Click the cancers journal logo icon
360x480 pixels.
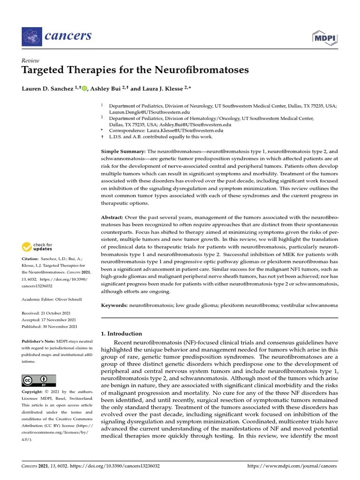tap(31, 36)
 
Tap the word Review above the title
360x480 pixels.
tap(30, 61)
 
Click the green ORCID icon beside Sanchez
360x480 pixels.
tap(84, 89)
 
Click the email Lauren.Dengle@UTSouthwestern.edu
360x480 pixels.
tap(149, 112)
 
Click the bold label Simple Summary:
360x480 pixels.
tap(123, 152)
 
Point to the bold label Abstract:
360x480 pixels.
tap(114, 218)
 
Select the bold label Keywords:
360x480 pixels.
tap(115, 305)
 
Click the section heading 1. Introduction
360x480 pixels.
tap(121, 334)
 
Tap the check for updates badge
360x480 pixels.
tap(38, 247)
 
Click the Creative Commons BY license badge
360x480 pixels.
tap(39, 380)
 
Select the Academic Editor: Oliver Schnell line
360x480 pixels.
tap(52, 299)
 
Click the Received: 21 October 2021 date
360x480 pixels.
tap(50, 312)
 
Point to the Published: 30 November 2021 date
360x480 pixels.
tap(50, 326)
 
